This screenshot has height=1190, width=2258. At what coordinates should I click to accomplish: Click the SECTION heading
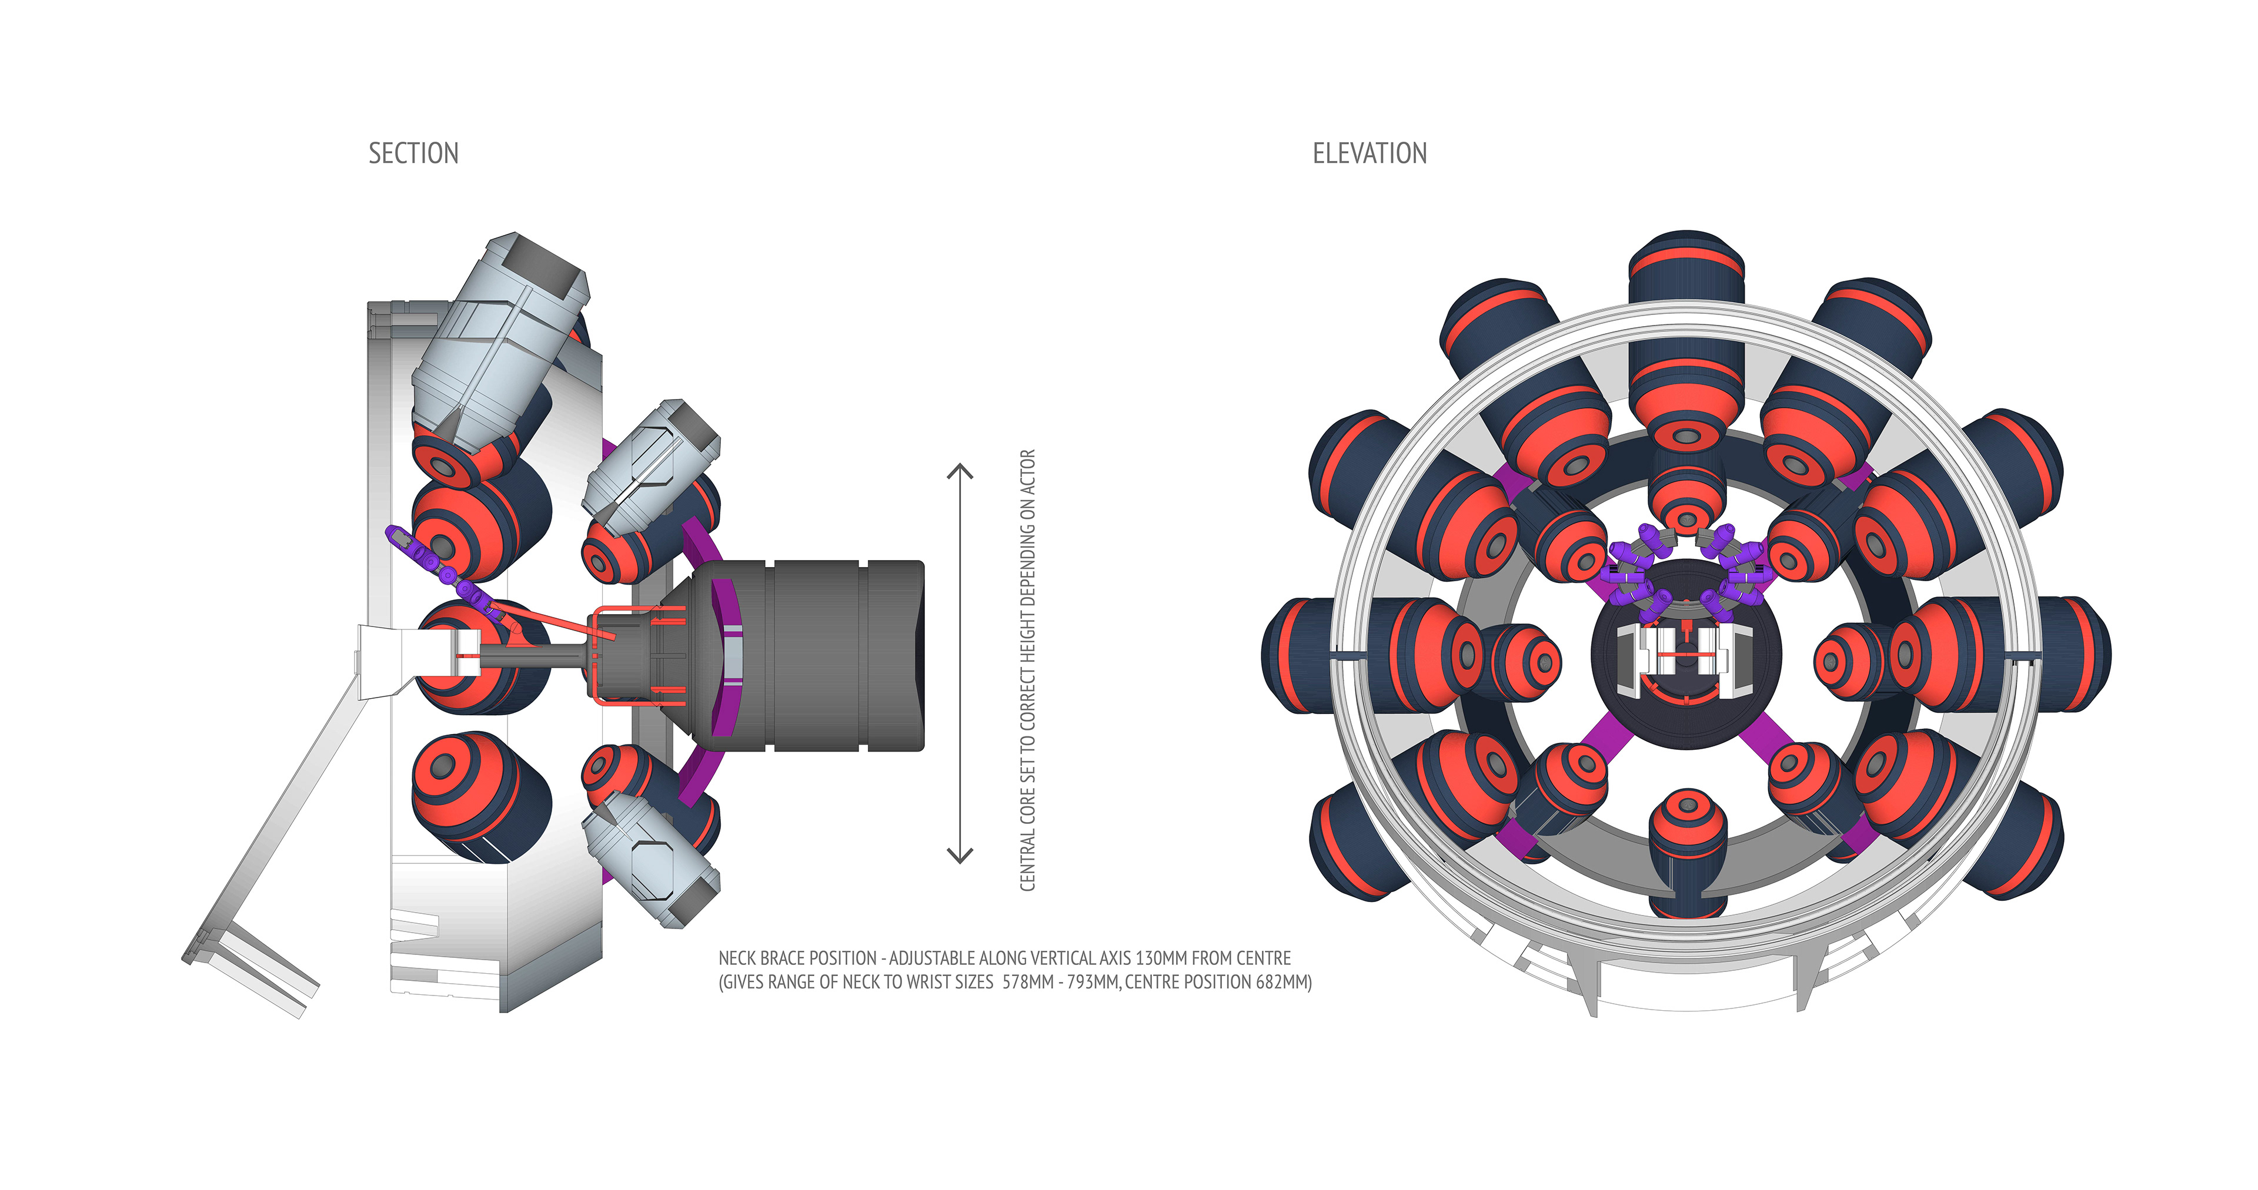click(x=413, y=153)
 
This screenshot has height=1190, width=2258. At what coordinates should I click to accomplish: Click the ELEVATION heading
click(x=1369, y=153)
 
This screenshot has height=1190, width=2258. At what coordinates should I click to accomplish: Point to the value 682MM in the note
click(x=1283, y=983)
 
